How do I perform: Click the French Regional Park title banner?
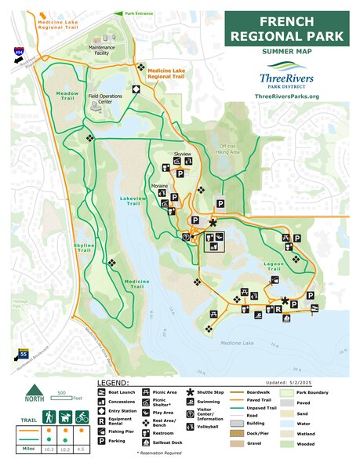point(287,28)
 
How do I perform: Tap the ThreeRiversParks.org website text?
point(287,96)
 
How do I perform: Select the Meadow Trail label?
point(67,93)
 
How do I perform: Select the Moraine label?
point(160,187)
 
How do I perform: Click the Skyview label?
point(182,155)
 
